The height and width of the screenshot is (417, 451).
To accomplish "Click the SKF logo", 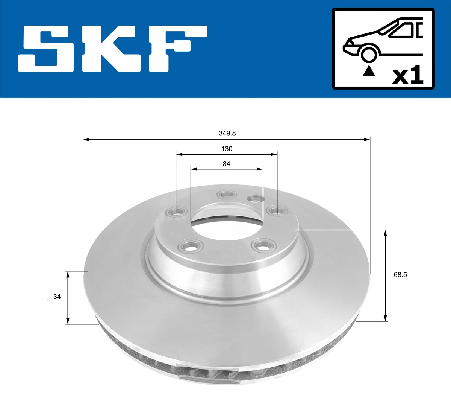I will tap(113, 49).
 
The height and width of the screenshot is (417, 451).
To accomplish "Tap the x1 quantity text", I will tap(408, 75).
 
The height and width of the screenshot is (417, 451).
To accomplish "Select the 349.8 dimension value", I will tap(227, 133).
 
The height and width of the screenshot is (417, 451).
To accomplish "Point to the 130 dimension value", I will tap(227, 149).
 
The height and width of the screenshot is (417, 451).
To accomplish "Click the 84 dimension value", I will tap(226, 164).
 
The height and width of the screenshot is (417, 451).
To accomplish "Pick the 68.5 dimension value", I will tap(400, 275).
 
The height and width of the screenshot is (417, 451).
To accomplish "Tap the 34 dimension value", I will tap(57, 297).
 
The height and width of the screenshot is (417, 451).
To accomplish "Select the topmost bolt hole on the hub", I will tap(226, 195).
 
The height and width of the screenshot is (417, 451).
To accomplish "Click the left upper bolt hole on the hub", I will tap(177, 212).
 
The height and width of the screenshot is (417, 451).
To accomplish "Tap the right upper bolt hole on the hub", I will tap(277, 212).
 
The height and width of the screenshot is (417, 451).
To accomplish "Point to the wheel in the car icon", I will tap(368, 54).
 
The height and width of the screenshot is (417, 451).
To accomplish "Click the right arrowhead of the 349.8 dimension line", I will tap(367, 140).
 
